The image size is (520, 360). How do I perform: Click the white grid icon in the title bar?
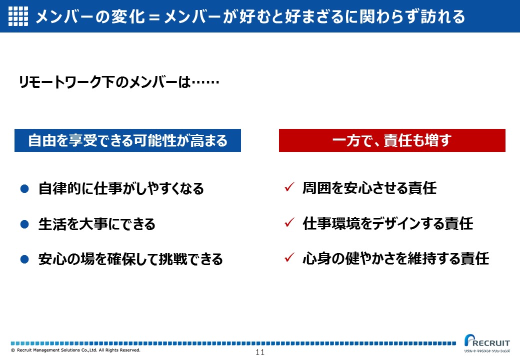click(x=18, y=16)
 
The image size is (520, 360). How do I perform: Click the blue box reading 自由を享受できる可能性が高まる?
click(x=127, y=140)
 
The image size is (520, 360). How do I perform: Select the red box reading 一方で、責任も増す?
click(x=392, y=140)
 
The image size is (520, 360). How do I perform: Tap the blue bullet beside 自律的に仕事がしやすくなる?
click(x=24, y=188)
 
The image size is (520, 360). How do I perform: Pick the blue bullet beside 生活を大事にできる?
click(x=24, y=224)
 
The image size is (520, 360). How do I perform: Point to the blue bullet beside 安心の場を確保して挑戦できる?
click(x=24, y=259)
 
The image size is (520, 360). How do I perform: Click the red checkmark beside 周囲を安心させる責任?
click(x=289, y=187)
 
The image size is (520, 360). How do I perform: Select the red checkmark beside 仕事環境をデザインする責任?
click(x=289, y=222)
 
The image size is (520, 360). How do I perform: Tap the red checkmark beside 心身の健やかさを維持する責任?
click(x=289, y=257)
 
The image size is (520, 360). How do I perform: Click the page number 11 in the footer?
click(x=260, y=352)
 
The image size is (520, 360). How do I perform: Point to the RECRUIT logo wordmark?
click(x=487, y=341)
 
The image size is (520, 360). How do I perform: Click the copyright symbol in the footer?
click(x=13, y=350)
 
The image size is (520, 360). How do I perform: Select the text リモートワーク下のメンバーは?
click(x=105, y=82)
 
